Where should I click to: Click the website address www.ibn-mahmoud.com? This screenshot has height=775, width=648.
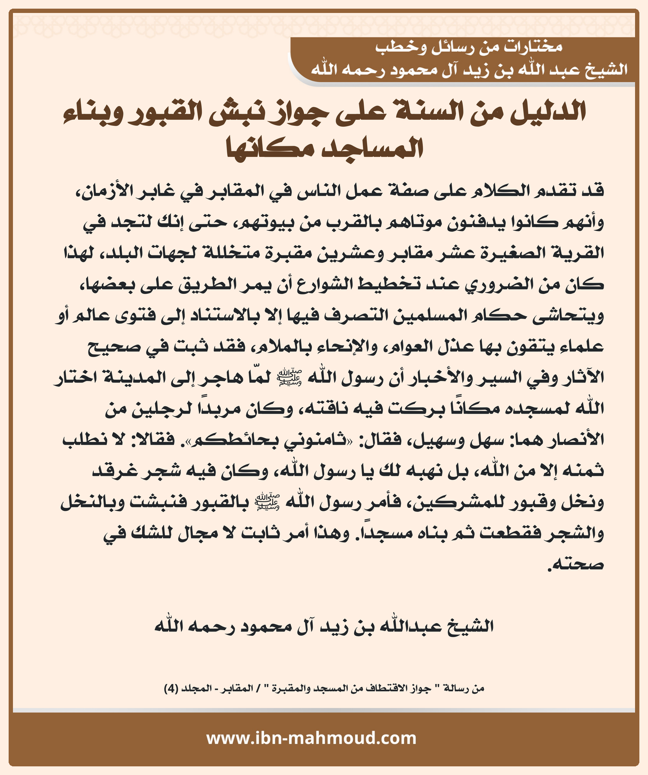[x=311, y=738]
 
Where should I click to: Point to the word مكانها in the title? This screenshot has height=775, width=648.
[x=268, y=148]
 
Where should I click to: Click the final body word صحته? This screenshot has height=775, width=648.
[x=577, y=565]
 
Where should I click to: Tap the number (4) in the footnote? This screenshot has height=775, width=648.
[x=171, y=688]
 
